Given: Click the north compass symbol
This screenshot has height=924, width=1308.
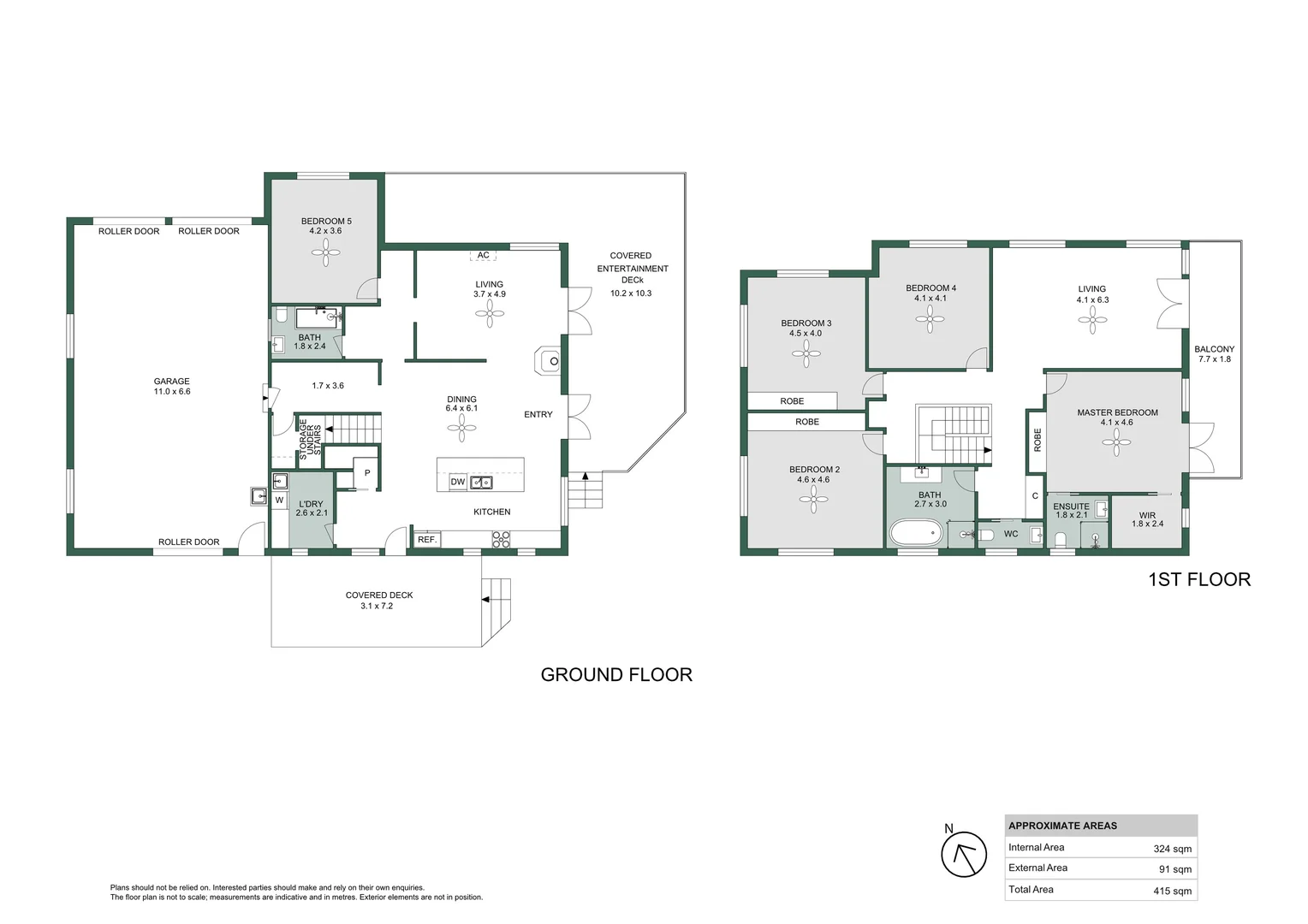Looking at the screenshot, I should (x=964, y=855).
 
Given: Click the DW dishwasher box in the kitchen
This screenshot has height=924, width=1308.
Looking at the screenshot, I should (x=458, y=483).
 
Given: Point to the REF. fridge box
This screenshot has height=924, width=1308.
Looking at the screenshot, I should (x=427, y=540).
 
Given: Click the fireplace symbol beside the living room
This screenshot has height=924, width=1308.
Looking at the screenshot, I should (x=549, y=361).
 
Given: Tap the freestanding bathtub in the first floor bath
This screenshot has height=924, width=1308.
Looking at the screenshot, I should (x=915, y=534).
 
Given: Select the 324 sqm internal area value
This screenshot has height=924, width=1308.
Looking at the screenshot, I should (x=1172, y=849).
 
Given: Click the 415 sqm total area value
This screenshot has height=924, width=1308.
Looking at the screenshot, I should (x=1172, y=891).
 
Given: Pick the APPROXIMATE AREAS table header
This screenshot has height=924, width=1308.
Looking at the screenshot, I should (x=1062, y=826).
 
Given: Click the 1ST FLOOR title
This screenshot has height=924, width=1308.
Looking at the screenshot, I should (x=1198, y=580).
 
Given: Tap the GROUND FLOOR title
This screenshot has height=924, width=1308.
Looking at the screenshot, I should (x=616, y=675).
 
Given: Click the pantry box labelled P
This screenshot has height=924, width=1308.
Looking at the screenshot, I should (x=366, y=473).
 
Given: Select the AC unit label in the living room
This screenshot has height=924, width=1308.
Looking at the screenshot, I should (x=484, y=255).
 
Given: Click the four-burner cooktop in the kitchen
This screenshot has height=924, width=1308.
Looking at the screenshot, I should (x=501, y=539).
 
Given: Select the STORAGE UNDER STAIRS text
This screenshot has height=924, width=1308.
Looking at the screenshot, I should (x=309, y=439).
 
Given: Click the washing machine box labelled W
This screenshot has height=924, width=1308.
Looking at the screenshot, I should (x=279, y=500).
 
